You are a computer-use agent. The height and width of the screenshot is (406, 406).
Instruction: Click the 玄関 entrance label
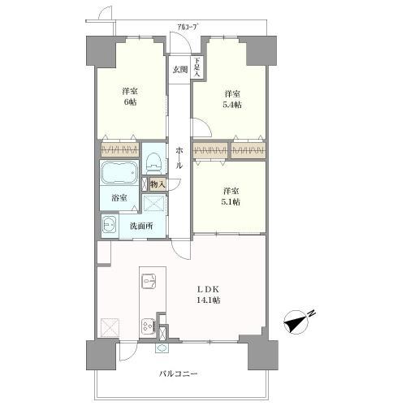tap(180, 70)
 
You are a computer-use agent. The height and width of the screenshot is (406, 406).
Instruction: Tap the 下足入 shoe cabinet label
tap(197, 67)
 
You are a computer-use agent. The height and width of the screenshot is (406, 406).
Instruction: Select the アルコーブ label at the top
tap(187, 27)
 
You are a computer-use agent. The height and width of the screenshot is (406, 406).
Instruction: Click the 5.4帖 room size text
tap(232, 105)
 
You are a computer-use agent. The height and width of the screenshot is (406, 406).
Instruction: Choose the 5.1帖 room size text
tap(231, 202)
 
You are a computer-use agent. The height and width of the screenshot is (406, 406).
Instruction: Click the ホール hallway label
tap(179, 158)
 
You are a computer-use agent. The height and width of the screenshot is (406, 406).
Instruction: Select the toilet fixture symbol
tap(153, 163)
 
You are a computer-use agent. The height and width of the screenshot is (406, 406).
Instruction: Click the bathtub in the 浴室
tap(119, 173)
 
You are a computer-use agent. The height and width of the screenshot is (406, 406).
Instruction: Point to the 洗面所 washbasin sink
tap(110, 225)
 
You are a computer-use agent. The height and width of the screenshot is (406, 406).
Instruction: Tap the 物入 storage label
tap(158, 184)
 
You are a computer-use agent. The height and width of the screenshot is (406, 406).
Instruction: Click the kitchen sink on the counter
tap(149, 282)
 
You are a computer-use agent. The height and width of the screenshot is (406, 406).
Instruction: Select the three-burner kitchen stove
tap(149, 325)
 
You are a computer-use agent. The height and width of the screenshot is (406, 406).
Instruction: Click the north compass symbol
tap(295, 322)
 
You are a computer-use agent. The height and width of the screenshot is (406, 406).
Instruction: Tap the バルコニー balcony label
tap(178, 374)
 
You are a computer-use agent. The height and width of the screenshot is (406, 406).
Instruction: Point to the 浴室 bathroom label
tap(119, 198)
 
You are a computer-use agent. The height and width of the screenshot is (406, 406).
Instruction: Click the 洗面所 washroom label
tap(141, 226)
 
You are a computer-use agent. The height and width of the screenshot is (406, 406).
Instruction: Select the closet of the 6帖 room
tap(120, 149)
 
